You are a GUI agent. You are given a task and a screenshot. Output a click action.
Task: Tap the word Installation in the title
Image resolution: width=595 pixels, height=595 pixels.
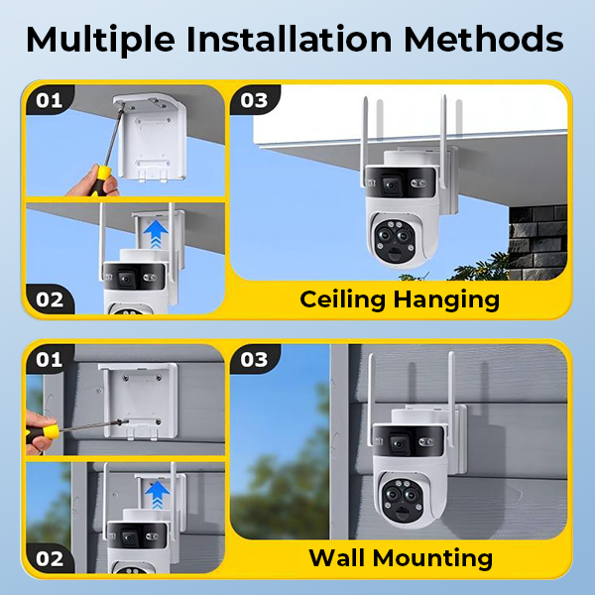[289, 39]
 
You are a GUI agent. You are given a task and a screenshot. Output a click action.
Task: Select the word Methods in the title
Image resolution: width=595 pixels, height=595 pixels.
[484, 39]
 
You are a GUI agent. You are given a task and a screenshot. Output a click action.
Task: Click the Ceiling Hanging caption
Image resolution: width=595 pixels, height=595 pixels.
[400, 300]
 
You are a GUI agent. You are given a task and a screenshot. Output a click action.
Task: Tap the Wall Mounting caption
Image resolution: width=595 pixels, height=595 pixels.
[401, 557]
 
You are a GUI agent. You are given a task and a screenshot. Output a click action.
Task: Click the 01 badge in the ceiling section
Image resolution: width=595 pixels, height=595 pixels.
[50, 100]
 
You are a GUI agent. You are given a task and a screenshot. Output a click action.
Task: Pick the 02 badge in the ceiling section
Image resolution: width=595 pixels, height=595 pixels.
[50, 299]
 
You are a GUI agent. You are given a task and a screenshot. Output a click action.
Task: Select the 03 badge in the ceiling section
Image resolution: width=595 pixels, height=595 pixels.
[254, 100]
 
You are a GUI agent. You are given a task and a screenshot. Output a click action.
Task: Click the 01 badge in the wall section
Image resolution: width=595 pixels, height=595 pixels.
[50, 359]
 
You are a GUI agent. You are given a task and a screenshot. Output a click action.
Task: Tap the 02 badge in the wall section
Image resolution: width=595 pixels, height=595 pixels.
[50, 558]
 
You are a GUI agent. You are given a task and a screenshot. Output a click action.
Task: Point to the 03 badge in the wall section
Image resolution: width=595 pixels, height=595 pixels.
[254, 359]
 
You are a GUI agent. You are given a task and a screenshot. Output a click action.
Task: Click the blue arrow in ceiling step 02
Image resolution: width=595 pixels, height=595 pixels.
[156, 234]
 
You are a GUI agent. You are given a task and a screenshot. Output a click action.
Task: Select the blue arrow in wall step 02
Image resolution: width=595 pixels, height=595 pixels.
[157, 494]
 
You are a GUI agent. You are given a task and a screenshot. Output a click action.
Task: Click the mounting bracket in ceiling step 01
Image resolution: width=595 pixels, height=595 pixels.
[152, 138]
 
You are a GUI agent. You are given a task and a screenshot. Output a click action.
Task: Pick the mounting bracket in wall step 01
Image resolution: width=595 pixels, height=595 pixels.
[139, 402]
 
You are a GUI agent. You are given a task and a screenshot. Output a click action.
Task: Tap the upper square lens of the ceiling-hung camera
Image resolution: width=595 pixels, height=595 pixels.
[391, 184]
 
